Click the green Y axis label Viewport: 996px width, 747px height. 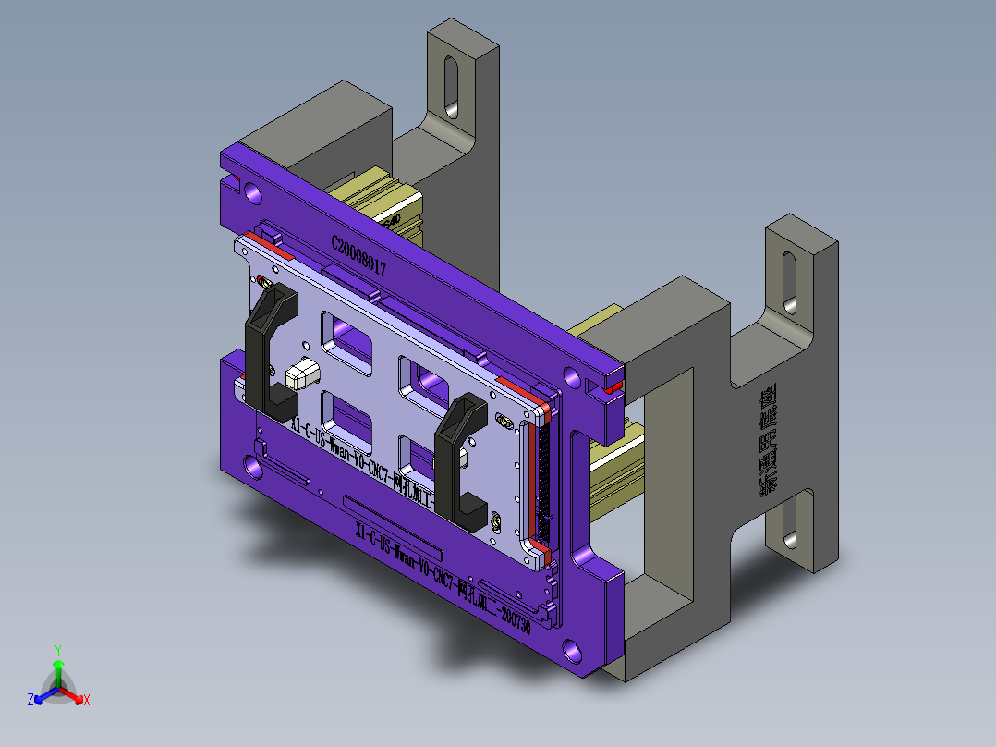tap(57, 649)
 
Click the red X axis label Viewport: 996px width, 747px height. tap(87, 701)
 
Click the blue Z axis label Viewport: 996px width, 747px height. tap(30, 701)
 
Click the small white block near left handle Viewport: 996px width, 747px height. tap(302, 373)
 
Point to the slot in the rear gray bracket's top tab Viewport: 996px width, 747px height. tap(451, 87)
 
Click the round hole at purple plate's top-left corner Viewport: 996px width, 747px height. tap(252, 192)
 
